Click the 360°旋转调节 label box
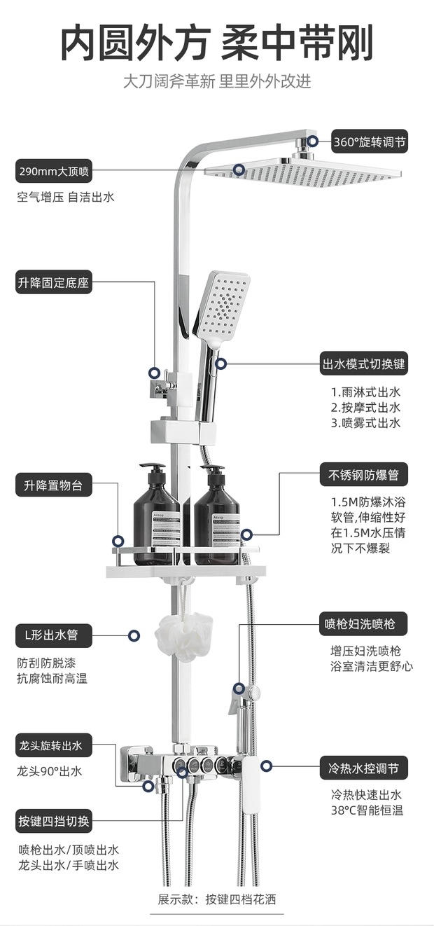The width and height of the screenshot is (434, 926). [x=368, y=142]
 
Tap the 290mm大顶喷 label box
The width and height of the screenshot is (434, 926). [x=54, y=170]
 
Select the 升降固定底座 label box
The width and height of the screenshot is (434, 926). [x=54, y=283]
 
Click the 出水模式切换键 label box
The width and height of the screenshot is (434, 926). [x=363, y=364]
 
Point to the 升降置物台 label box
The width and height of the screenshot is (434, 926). [x=54, y=485]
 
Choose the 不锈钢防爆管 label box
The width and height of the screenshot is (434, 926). [x=363, y=474]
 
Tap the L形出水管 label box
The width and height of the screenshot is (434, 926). [x=54, y=636]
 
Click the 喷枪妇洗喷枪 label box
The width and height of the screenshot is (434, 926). [x=363, y=623]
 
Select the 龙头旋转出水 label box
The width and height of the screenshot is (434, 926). [x=54, y=746]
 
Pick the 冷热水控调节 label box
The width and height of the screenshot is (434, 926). [x=363, y=768]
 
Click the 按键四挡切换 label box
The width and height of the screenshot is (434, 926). [x=54, y=820]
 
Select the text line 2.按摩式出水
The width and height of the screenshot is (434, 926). [x=365, y=408]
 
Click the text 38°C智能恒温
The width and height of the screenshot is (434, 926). [x=367, y=811]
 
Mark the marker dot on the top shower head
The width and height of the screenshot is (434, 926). [x=239, y=170]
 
